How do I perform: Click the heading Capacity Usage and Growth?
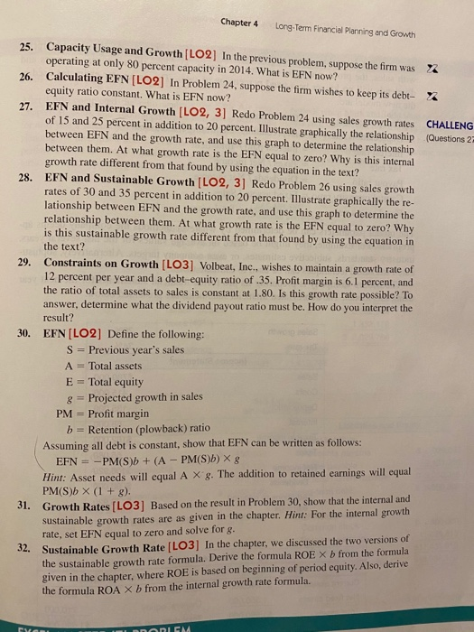[x=108, y=45]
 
